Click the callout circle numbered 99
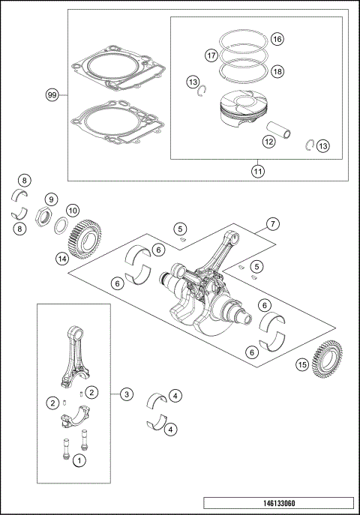(x=52, y=94)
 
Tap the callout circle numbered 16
(x=277, y=39)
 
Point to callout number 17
(x=211, y=55)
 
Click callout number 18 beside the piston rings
(x=277, y=71)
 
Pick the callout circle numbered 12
(x=268, y=139)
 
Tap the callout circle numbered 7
(x=272, y=223)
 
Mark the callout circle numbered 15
(x=301, y=365)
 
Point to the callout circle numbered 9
(x=51, y=199)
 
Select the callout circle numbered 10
(x=73, y=211)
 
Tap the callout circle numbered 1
(x=78, y=463)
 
